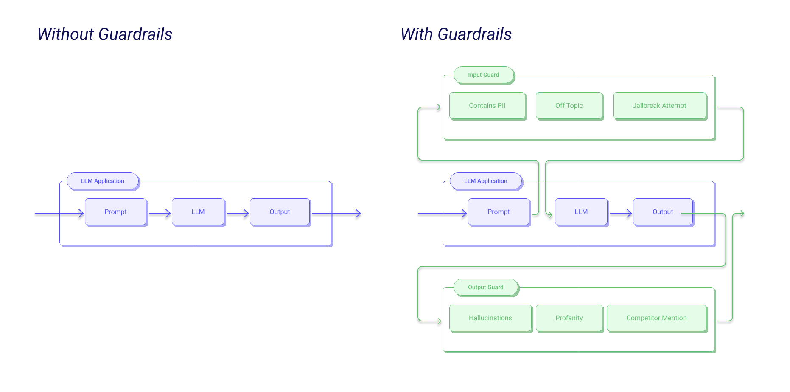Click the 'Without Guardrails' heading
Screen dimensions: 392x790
pos(105,34)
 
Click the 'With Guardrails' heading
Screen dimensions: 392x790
pos(456,34)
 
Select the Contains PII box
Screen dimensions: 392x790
pos(487,106)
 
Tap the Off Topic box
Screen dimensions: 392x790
pos(569,106)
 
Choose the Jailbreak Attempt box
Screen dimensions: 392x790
pos(659,106)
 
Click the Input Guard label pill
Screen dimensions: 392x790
pos(484,75)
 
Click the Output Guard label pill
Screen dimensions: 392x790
pos(486,288)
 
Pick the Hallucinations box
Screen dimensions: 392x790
pos(490,318)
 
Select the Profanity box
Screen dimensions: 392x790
pos(569,318)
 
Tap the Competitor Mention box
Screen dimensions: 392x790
pos(656,318)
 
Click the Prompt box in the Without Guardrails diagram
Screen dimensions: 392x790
pos(115,212)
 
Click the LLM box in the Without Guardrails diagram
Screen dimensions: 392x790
pos(198,212)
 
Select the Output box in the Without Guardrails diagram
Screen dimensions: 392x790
pos(280,212)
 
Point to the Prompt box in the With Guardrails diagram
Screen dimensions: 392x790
pos(499,212)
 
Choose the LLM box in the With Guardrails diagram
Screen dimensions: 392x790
pos(581,212)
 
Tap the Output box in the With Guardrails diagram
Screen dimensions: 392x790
pos(663,212)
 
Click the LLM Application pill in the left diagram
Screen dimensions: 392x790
pos(103,181)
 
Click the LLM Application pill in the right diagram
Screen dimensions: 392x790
pos(486,181)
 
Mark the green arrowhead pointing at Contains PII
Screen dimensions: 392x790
pos(439,107)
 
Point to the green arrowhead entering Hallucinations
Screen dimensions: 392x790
pos(439,321)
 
